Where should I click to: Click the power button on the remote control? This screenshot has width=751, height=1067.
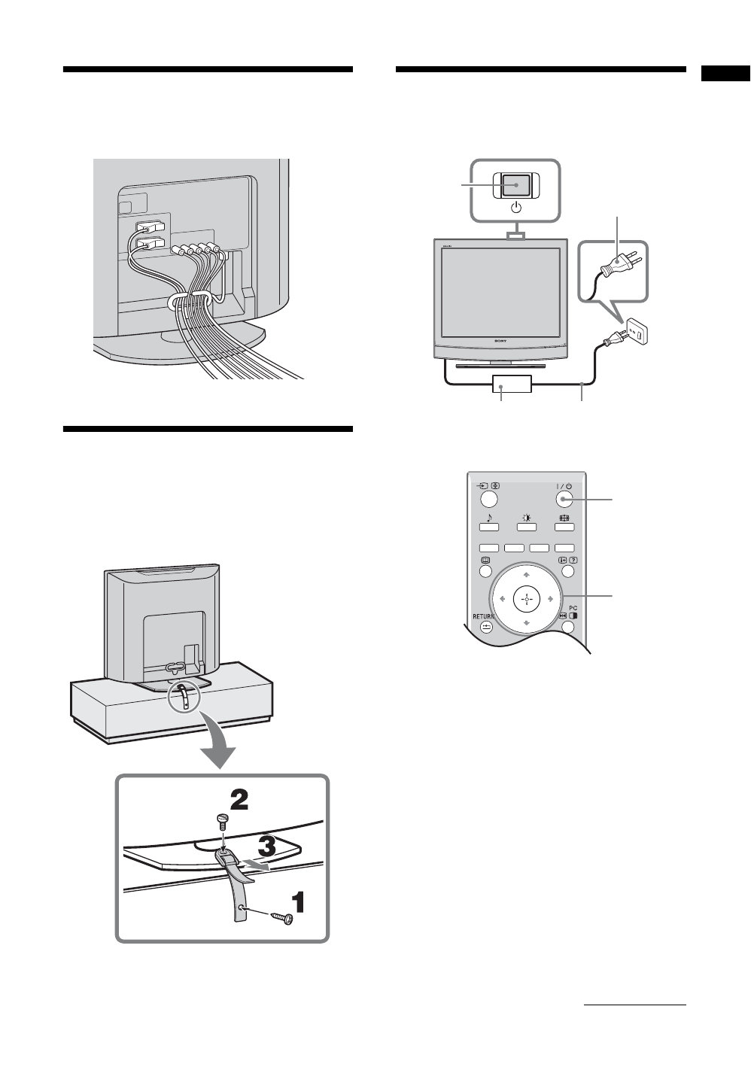(x=564, y=499)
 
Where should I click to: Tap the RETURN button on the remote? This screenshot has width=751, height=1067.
(x=486, y=626)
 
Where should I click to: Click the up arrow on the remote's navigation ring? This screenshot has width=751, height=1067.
(x=527, y=575)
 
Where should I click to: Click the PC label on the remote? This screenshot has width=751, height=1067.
(x=573, y=608)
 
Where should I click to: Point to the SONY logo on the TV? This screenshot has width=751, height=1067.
(x=500, y=341)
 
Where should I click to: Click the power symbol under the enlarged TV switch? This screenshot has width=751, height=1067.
(x=516, y=207)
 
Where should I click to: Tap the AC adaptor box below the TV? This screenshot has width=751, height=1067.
(x=512, y=384)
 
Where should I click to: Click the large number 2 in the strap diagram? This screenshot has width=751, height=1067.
(x=239, y=799)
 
